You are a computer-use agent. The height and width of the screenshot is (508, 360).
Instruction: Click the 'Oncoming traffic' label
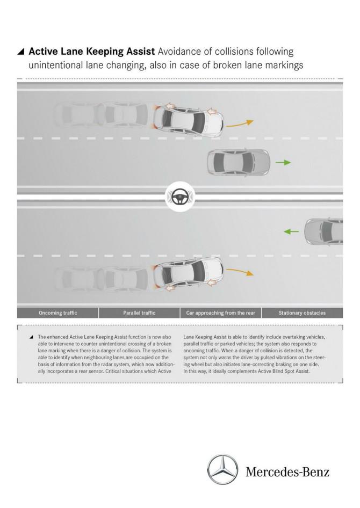coord(58,313)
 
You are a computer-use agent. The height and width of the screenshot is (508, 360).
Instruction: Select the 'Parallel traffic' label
coord(139,313)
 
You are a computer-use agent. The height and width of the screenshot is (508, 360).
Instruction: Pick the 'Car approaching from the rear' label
coord(221,313)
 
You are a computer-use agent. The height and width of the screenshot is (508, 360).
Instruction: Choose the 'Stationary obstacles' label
coord(302,313)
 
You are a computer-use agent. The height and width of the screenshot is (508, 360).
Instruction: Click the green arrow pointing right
coord(283,162)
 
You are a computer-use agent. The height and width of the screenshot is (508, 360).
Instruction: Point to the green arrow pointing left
coord(291,231)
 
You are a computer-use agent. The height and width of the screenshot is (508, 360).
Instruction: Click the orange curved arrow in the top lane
coord(240,124)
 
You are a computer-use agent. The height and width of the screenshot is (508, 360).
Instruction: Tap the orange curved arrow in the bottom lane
coord(240,272)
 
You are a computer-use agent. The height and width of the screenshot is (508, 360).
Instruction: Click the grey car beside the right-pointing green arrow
coord(239,163)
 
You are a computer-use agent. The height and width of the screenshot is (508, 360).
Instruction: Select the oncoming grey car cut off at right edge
coord(323,231)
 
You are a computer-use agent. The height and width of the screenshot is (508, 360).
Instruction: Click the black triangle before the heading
coord(21,52)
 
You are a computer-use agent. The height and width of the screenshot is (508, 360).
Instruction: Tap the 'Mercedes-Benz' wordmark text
coord(287,471)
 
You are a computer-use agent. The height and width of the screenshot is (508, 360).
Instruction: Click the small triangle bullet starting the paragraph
coord(31,337)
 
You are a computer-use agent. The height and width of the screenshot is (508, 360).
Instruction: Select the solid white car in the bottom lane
coord(188,275)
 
